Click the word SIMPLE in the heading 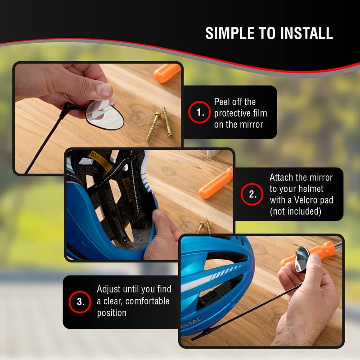point(230,33)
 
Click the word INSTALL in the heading point(306,33)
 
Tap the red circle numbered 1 point(199,112)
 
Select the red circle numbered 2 point(252,194)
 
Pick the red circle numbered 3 point(80,302)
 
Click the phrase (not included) point(296,211)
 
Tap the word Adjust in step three point(108,289)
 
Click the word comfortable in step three point(147,301)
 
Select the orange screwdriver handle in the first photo point(167,72)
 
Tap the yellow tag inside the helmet point(100,159)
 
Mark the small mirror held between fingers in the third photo point(301,259)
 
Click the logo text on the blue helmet point(192,321)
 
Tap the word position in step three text point(112,313)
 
